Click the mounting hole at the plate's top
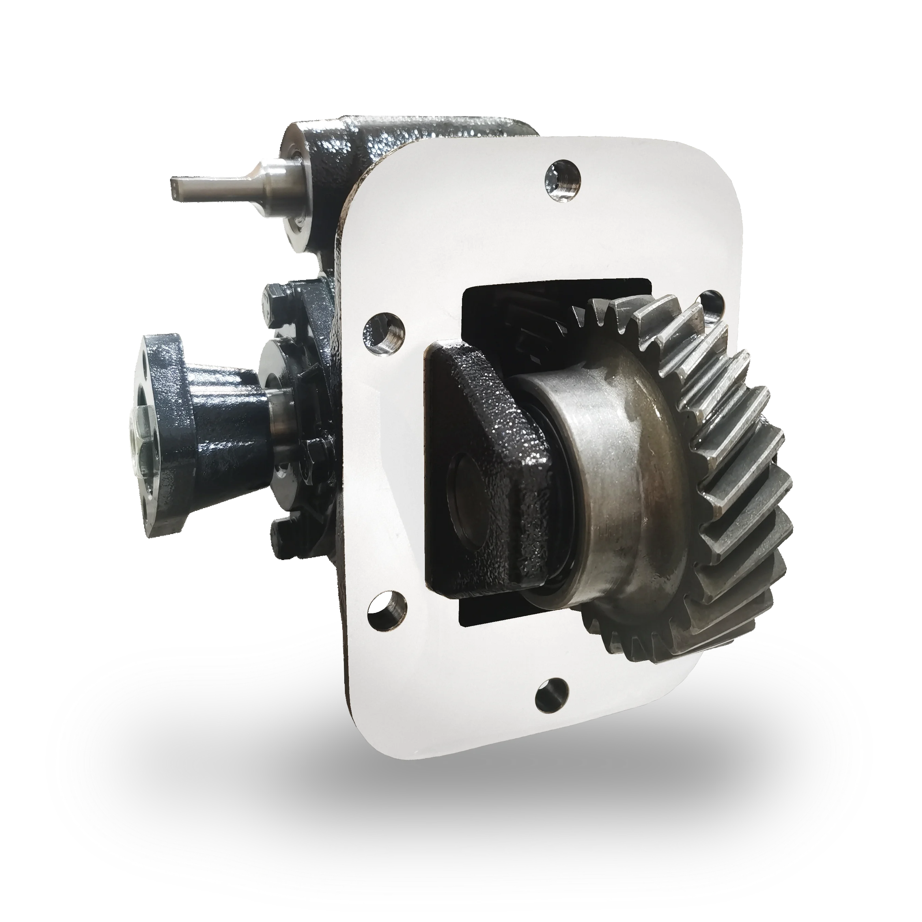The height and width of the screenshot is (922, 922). [562, 174]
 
